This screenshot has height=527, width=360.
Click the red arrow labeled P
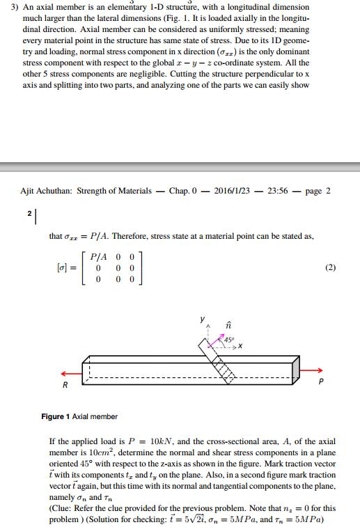point(314,370)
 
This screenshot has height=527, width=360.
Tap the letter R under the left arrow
point(65,384)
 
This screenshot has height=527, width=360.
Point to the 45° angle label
point(230,340)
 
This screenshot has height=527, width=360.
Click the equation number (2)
point(330,267)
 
